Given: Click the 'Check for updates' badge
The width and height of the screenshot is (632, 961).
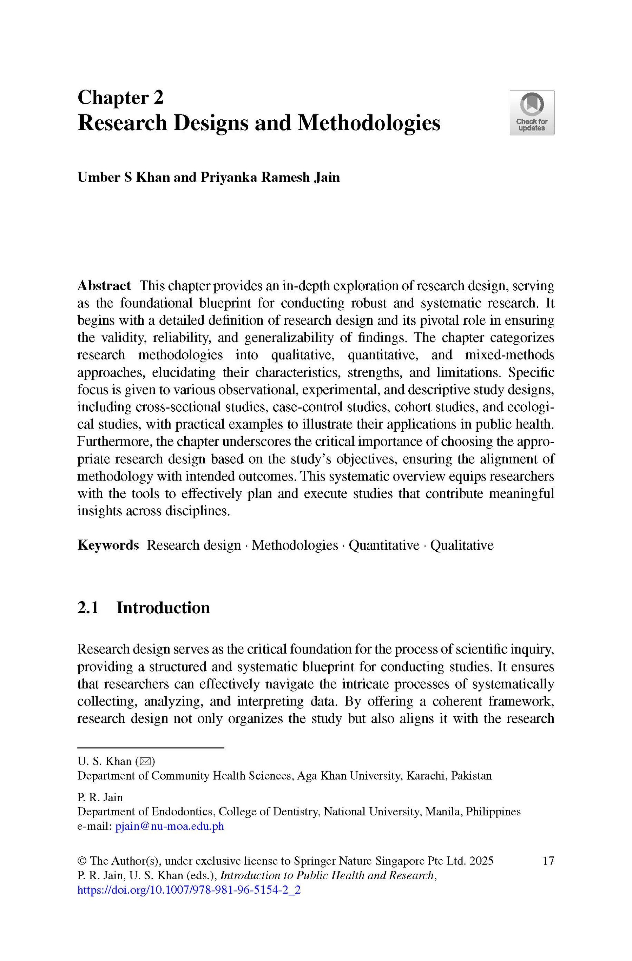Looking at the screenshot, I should click(532, 113).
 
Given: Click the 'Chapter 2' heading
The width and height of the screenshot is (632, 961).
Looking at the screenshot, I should click(120, 98).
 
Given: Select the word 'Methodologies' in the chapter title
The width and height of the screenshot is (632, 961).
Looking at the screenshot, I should click(368, 123).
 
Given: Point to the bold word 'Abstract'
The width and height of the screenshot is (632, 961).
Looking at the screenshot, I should click(104, 286).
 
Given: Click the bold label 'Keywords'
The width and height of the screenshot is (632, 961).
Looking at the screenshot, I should click(108, 545).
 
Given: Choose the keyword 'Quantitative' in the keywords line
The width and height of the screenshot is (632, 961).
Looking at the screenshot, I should click(384, 545).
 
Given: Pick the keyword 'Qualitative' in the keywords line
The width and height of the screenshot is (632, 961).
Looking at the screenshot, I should click(462, 545).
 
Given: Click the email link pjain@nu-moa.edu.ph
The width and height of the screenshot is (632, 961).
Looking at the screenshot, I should click(169, 826).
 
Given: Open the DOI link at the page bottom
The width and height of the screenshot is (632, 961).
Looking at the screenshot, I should click(189, 890).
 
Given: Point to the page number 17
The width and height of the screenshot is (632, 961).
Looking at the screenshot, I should click(548, 861).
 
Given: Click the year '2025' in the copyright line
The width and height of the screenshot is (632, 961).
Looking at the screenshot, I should click(481, 861).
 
